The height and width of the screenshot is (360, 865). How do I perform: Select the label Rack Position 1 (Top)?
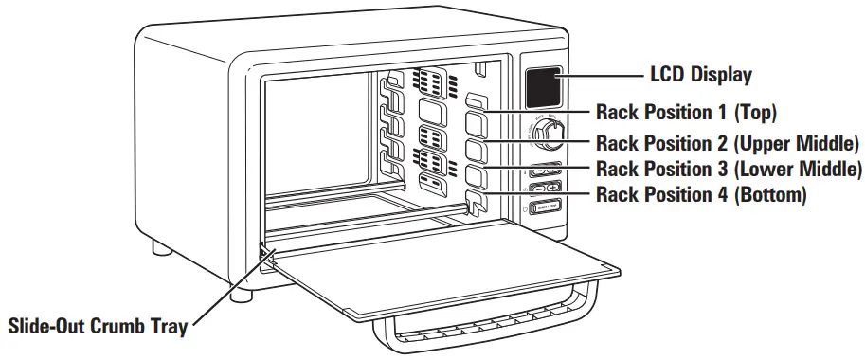(686, 113)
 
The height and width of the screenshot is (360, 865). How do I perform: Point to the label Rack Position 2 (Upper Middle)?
(727, 144)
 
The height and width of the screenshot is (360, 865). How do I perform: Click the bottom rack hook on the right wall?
(476, 201)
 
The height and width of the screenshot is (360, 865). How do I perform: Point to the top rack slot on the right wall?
(476, 99)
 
